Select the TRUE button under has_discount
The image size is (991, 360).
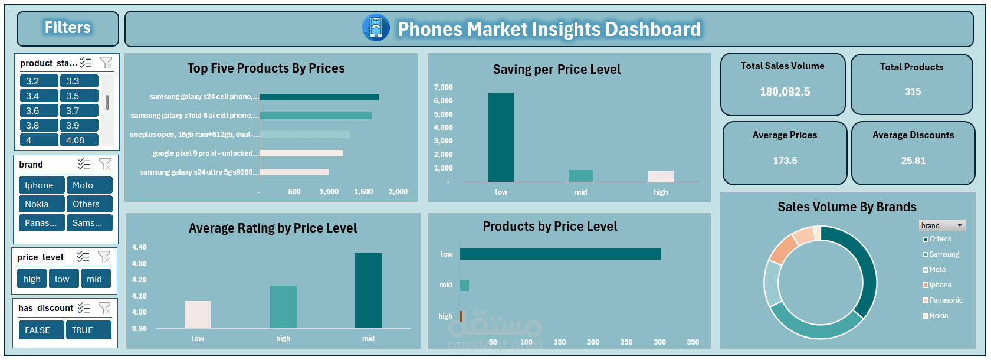click(88, 330)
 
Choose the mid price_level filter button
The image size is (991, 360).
click(94, 279)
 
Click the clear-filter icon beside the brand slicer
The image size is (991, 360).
click(105, 164)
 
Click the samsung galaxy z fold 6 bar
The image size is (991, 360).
click(316, 116)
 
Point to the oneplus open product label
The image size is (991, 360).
click(194, 135)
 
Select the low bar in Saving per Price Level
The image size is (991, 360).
click(501, 138)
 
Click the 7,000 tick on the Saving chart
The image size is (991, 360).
click(443, 87)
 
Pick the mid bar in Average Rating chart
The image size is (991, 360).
click(368, 290)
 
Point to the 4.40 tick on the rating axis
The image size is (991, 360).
click(139, 247)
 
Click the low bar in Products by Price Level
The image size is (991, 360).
click(560, 254)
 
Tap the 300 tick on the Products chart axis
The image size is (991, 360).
click(659, 342)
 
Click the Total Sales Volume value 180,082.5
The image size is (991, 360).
click(785, 92)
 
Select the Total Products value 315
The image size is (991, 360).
click(913, 92)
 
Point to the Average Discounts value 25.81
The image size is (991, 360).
click(913, 161)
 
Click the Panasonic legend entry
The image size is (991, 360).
click(946, 300)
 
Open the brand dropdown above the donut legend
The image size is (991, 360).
click(960, 225)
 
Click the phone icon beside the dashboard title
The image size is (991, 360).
click(376, 28)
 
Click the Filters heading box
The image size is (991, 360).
click(68, 28)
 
